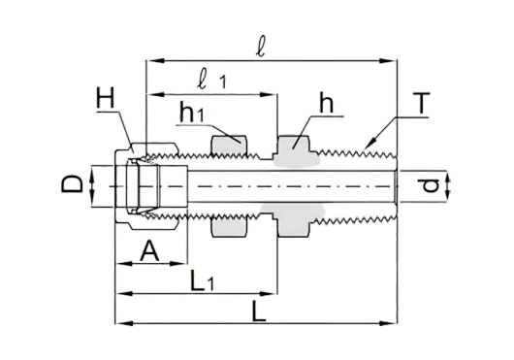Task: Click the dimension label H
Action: click(106, 98)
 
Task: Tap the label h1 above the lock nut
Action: click(192, 112)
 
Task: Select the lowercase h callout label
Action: click(326, 102)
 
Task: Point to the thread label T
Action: click(421, 103)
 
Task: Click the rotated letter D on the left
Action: click(73, 183)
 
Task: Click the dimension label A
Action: click(149, 250)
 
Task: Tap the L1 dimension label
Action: click(202, 280)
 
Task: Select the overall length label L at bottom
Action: click(259, 311)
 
